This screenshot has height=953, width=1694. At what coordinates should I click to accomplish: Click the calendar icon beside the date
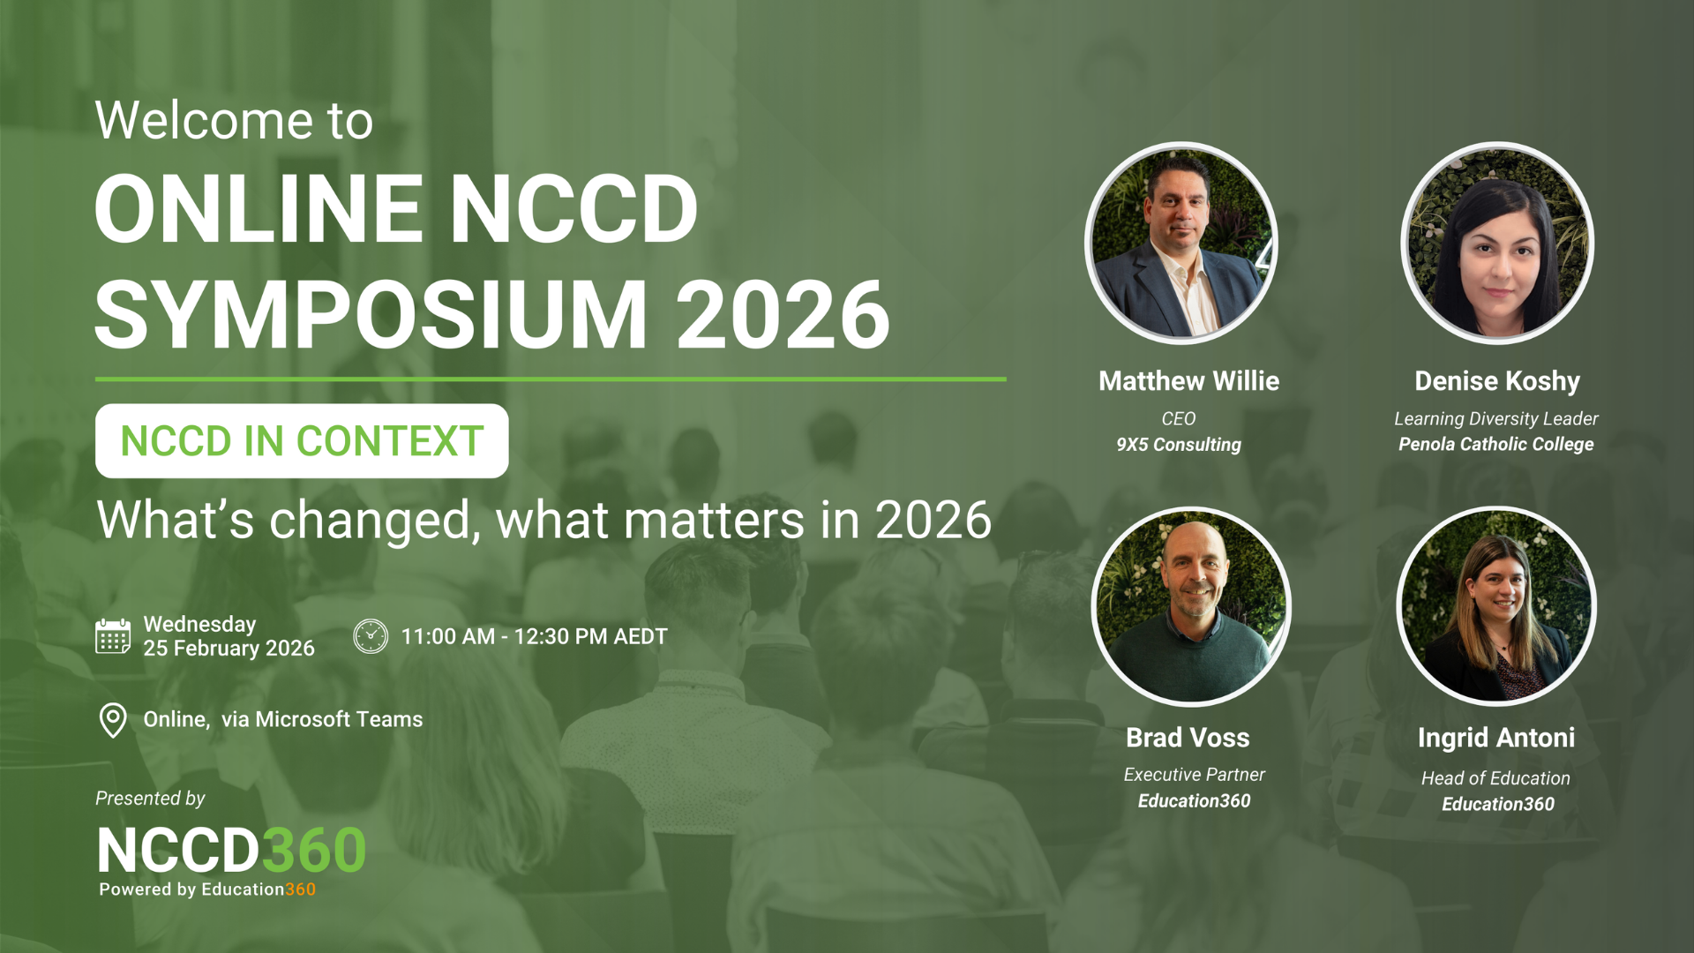[113, 636]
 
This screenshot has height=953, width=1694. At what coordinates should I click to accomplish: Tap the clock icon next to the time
[371, 636]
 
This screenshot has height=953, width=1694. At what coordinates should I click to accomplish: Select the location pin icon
[113, 720]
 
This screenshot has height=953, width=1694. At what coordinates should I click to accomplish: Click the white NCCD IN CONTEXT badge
[302, 441]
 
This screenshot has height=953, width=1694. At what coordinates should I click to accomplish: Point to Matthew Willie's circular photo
[1181, 243]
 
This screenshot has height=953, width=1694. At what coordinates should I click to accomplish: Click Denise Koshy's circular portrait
[1497, 243]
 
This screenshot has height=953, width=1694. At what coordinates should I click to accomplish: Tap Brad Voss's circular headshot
[1191, 606]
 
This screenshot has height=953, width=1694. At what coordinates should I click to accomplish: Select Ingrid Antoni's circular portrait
[1496, 606]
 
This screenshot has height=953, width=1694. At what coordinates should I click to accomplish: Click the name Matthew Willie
[1188, 381]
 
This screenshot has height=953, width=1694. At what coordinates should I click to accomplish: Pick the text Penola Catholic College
[1496, 444]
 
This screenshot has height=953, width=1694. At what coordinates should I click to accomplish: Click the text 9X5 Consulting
[1179, 445]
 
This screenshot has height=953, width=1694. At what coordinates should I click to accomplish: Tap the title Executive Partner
[1194, 775]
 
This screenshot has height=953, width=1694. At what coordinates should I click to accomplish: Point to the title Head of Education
[1495, 778]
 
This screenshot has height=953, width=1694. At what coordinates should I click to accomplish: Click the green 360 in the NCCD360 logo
[313, 851]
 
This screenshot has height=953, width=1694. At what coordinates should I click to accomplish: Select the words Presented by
[150, 799]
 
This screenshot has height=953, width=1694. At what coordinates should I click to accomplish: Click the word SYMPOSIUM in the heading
[371, 314]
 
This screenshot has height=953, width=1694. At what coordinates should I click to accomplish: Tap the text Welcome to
[234, 120]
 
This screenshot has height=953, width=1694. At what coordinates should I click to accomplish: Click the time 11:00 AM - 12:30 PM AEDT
[534, 636]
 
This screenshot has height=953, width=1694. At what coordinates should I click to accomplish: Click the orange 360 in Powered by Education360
[300, 889]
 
